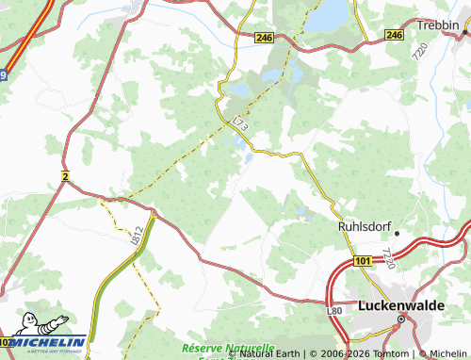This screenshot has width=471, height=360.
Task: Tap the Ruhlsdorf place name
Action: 364,226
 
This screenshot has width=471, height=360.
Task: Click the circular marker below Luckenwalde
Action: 399,319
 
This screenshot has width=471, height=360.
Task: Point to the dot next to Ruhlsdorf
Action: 398,232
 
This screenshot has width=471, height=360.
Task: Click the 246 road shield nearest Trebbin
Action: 394,35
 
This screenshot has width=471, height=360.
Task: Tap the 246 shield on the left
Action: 263,37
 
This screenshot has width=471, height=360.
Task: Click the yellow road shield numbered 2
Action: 66,175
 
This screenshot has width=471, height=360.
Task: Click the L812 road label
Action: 138,232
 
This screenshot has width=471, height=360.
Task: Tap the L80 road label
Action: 333,310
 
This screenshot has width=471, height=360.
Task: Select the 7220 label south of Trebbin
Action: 417,57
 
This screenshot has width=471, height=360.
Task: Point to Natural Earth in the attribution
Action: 270,353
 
